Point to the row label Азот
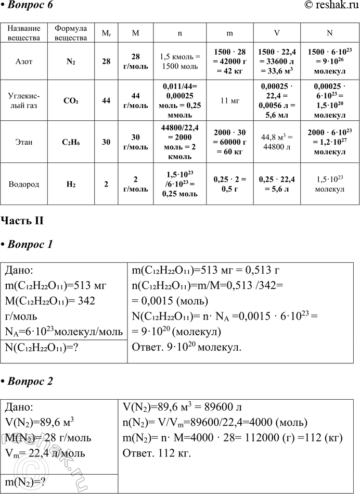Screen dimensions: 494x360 [24, 61]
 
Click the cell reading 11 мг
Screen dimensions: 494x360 [229, 100]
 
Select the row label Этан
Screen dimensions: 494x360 [24, 142]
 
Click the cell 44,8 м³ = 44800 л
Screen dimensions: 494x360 [277, 142]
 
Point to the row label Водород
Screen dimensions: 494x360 [24, 184]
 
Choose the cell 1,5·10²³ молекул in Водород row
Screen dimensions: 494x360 [329, 184]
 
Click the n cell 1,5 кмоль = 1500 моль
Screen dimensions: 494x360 [179, 61]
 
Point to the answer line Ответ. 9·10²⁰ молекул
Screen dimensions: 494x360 [187, 348]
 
